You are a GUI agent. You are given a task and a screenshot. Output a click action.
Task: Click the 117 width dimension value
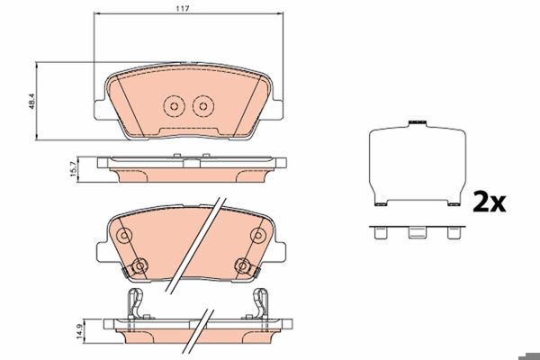click(x=183, y=9)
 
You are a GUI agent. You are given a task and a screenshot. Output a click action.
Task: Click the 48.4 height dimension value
click(x=32, y=102)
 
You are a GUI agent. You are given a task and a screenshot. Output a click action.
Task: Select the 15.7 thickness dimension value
click(x=74, y=169)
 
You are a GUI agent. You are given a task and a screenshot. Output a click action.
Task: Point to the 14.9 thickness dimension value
click(x=80, y=330)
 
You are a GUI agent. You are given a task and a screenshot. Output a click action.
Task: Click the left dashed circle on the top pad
click(x=174, y=106)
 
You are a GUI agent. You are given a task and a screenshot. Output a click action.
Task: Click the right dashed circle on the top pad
click(x=203, y=106)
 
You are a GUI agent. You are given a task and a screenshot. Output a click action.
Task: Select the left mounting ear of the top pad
click(x=101, y=110)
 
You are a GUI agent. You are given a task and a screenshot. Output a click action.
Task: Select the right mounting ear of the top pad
click(x=277, y=110)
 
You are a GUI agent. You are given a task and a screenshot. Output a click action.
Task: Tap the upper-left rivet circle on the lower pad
click(x=124, y=236)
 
